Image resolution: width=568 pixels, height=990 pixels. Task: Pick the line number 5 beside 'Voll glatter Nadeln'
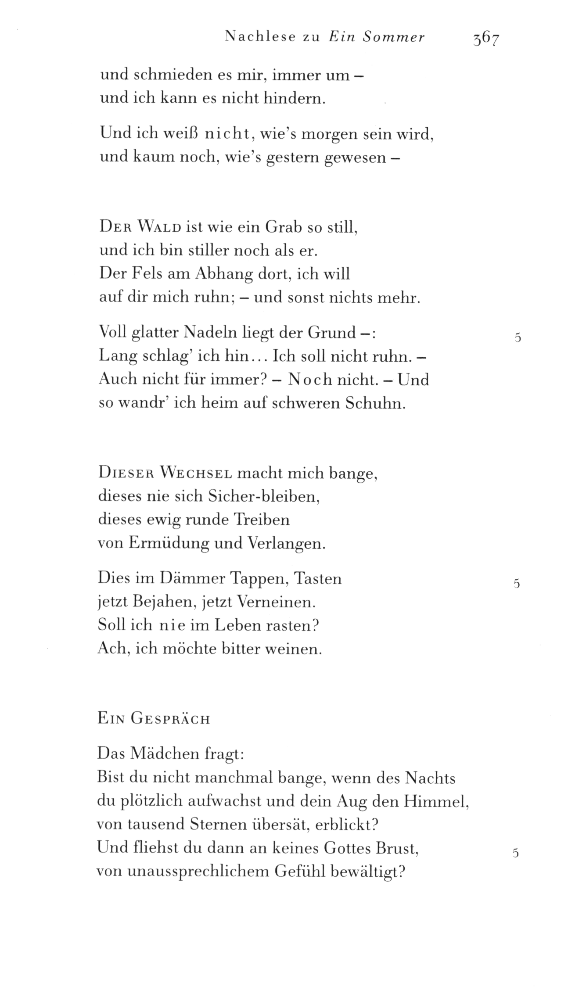[x=518, y=338]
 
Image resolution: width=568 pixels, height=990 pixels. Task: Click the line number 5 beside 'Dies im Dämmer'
[x=517, y=584]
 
